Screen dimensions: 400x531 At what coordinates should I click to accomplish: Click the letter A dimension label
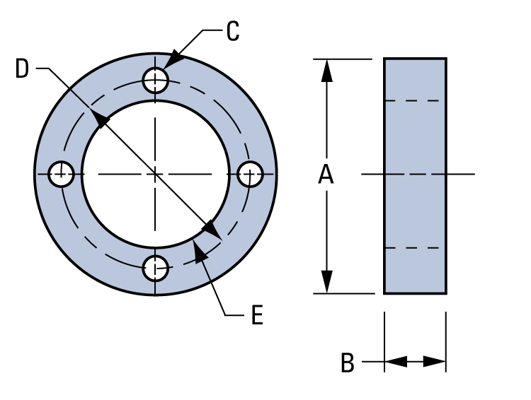[326, 174]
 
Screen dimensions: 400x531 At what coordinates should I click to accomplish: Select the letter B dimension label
[347, 363]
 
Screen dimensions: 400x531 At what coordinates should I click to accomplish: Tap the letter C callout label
[233, 32]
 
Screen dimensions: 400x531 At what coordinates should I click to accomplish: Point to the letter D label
[23, 69]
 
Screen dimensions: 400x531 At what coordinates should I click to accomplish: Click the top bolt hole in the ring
[155, 80]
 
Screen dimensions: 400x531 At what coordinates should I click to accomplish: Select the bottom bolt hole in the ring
[155, 267]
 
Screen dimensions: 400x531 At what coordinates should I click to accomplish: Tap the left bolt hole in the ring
[62, 174]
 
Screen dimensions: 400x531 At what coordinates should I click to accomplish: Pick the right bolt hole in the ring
[249, 174]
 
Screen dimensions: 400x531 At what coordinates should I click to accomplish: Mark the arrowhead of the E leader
[200, 248]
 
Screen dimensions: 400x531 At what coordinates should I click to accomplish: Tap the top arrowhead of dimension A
[326, 67]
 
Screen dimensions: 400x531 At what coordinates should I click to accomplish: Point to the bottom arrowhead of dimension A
[326, 285]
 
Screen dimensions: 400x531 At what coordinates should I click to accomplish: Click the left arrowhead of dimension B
[394, 362]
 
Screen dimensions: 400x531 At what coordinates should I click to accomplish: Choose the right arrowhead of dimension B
[436, 362]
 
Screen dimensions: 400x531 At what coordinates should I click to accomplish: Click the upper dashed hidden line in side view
[415, 100]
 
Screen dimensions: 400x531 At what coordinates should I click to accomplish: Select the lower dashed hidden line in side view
[415, 248]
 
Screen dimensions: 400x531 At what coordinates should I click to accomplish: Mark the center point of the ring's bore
[155, 174]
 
